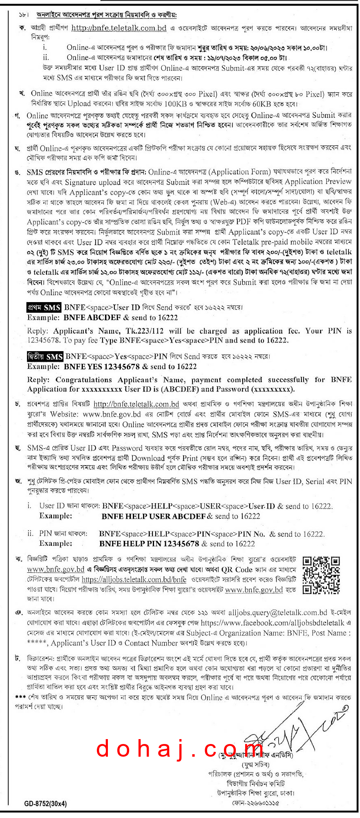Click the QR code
321,575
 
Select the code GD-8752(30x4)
45,803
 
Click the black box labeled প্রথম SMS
44,307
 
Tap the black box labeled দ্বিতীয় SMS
45,356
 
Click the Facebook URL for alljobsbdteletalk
273,623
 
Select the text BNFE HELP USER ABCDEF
154,516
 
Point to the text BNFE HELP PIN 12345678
149,544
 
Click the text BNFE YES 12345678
102,367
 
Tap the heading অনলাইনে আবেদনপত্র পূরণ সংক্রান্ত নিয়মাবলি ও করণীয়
106,15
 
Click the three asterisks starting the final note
20,697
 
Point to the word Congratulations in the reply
84,380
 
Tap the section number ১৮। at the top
24,15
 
